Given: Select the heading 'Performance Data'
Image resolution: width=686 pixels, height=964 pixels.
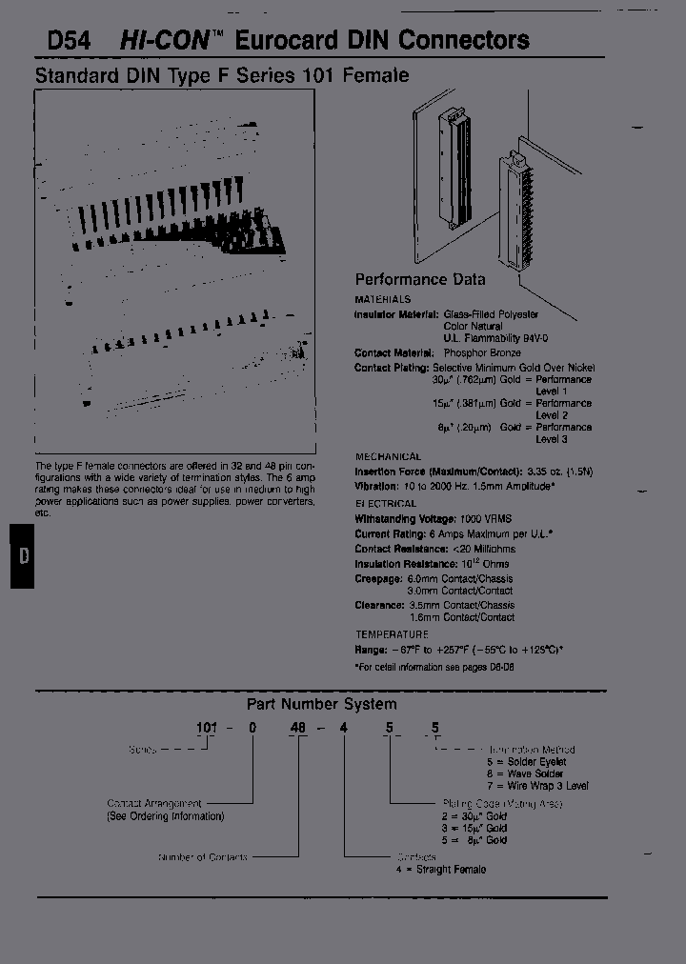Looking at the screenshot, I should click(x=419, y=279).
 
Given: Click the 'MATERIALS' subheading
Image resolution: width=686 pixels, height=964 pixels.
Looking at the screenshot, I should click(x=382, y=299).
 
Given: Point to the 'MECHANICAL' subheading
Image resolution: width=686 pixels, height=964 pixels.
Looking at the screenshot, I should click(x=388, y=456).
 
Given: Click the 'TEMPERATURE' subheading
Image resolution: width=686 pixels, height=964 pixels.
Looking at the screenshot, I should click(x=392, y=634).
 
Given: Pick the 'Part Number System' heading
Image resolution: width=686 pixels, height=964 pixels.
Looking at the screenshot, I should click(x=321, y=704).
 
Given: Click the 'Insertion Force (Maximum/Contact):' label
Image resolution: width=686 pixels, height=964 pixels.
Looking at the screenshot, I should click(x=437, y=472).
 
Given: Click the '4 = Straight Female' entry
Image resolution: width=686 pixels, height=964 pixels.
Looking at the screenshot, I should click(x=440, y=869).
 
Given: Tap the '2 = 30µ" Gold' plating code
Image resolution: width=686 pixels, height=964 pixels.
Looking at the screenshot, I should click(x=474, y=816).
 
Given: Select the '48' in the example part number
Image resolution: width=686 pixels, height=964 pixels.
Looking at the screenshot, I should click(x=298, y=729).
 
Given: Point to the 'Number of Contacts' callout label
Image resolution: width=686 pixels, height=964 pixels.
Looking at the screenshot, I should click(x=203, y=857).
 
